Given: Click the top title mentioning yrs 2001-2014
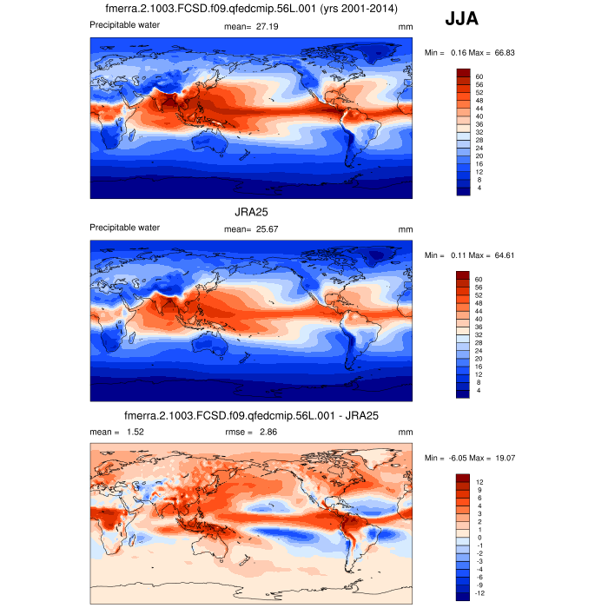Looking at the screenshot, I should pos(251,9).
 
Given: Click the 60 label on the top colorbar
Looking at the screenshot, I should pos(479,77).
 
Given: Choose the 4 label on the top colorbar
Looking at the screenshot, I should pos(477,188).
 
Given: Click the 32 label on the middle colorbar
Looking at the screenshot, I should pos(479,334).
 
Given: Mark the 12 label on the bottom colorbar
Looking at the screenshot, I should pos(479,481).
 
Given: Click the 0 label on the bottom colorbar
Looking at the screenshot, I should pos(477,537).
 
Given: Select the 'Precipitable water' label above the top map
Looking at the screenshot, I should pos(124,24).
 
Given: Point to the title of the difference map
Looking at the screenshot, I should pos(251,415).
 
